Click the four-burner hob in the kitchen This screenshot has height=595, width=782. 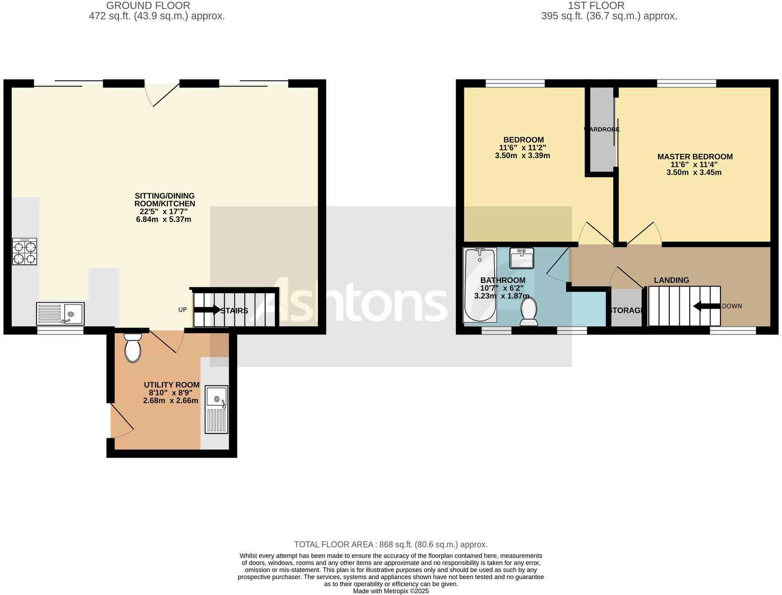(24, 252)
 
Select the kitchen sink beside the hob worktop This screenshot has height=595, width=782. (60, 313)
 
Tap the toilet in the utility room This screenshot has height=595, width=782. (133, 348)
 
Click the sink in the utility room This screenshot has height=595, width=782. (217, 409)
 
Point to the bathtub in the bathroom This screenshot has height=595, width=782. (480, 285)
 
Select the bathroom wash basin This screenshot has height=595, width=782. (522, 258)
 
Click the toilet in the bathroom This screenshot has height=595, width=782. (529, 312)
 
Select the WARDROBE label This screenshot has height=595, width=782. (601, 129)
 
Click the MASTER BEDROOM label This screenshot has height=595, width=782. (695, 157)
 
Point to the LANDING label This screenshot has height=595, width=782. (671, 280)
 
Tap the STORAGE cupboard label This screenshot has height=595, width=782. (626, 310)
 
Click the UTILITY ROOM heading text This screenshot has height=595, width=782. (172, 385)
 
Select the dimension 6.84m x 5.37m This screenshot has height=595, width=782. (163, 219)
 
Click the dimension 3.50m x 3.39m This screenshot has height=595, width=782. (522, 156)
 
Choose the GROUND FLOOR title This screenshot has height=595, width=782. (148, 6)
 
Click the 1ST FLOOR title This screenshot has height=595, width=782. (596, 6)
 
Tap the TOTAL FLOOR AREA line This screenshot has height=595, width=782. (391, 544)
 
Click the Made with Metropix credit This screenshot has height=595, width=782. (391, 591)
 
